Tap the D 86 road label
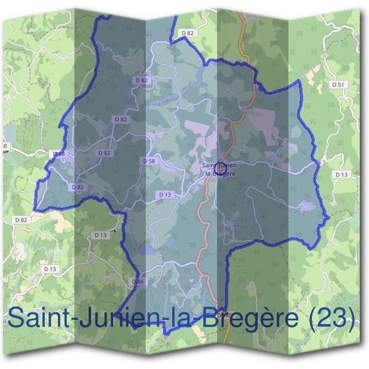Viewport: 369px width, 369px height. pos(138,281)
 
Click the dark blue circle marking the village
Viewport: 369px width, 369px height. pos(220,164)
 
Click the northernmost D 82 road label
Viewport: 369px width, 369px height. pos(188,33)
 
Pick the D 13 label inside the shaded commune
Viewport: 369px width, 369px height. pos(165,194)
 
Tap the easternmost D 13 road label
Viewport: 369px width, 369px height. pos(341,175)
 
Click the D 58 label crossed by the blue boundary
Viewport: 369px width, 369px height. pos(58,154)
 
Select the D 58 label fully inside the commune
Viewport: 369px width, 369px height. pos(149,161)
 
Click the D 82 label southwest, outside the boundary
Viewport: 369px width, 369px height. pos(21,220)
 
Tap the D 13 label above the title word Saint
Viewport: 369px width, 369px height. pos(50,269)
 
